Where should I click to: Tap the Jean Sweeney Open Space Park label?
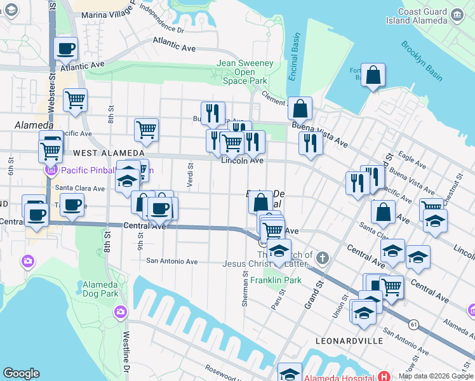[245, 72]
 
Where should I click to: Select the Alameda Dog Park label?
[100, 288]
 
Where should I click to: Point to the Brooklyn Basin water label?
[422, 61]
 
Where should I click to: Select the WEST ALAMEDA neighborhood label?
[100, 154]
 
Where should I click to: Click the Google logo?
[22, 373]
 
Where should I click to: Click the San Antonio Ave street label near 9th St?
[172, 261]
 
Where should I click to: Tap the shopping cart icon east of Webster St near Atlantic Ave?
[75, 100]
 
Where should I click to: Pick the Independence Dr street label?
[161, 19]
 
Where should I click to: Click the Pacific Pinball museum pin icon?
[51, 170]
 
